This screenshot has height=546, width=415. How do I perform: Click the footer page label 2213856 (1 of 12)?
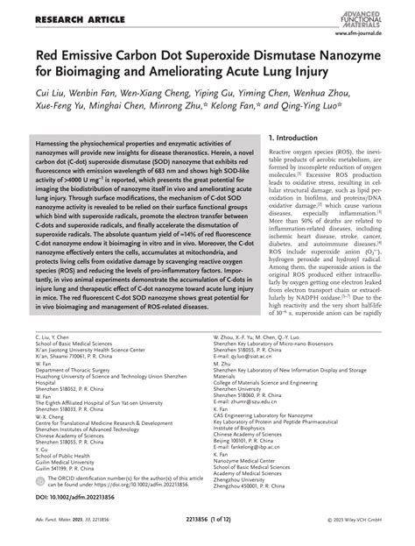(210, 535)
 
